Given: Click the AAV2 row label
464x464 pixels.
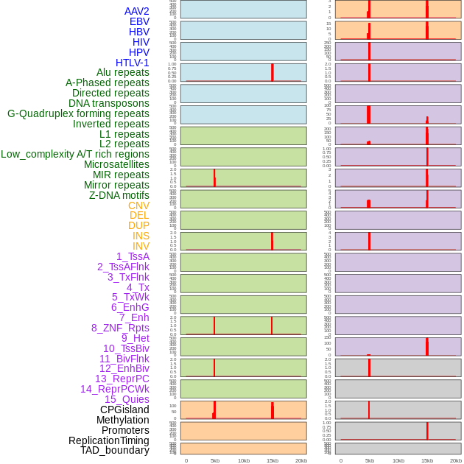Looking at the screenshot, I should (x=136, y=11).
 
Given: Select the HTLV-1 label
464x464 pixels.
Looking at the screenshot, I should (x=132, y=63).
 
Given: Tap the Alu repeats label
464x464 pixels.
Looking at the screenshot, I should (x=122, y=72).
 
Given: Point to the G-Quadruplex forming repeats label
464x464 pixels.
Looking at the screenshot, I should (x=78, y=113).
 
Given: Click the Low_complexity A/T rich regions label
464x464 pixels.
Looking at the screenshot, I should (x=75, y=154).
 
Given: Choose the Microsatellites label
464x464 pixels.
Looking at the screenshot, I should (x=116, y=164).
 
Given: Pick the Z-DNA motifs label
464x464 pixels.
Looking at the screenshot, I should (x=119, y=195).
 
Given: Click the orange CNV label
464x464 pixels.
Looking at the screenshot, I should (x=138, y=205).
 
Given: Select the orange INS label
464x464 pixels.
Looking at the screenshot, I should (x=141, y=236).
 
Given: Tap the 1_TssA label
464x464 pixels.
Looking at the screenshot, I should (x=133, y=256).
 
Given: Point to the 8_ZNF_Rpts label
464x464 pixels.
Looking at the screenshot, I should (x=120, y=328).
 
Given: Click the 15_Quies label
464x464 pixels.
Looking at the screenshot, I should (x=127, y=399).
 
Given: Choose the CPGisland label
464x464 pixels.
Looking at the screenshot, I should (x=124, y=409).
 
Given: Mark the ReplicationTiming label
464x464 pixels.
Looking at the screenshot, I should (x=108, y=440).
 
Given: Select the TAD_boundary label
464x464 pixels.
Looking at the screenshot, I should (x=115, y=450).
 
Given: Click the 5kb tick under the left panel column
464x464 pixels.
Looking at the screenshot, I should (x=215, y=460).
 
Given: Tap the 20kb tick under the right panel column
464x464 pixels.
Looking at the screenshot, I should (x=455, y=460).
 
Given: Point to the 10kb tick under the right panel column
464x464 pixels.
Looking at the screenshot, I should (x=398, y=460).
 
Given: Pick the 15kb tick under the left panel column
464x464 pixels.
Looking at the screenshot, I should (x=272, y=460).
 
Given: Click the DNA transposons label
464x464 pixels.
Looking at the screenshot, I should (x=109, y=103).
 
